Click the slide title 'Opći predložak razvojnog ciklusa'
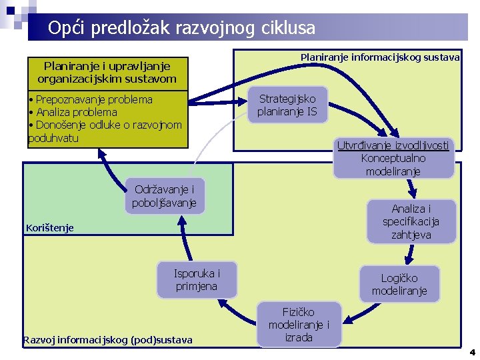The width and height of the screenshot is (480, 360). click(181, 28)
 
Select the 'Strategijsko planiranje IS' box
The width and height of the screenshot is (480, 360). click(288, 105)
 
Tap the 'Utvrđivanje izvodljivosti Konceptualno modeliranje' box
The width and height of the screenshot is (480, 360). click(393, 158)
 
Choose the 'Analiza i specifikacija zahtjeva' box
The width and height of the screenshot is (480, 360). click(411, 221)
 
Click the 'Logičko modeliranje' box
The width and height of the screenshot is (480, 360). click(399, 284)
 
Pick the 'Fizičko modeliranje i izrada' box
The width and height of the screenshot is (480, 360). click(298, 325)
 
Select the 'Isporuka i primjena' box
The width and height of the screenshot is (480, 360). click(197, 279)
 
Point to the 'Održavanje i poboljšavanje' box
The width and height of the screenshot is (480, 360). click(165, 195)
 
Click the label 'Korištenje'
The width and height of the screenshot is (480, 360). click(50, 228)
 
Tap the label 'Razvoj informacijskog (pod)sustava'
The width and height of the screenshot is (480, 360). click(107, 340)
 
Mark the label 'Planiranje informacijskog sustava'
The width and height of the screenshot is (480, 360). click(380, 57)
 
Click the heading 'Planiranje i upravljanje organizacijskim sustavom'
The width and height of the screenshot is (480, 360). click(107, 72)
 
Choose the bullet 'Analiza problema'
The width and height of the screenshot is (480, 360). click(75, 112)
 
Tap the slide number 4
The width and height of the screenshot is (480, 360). click(471, 352)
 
